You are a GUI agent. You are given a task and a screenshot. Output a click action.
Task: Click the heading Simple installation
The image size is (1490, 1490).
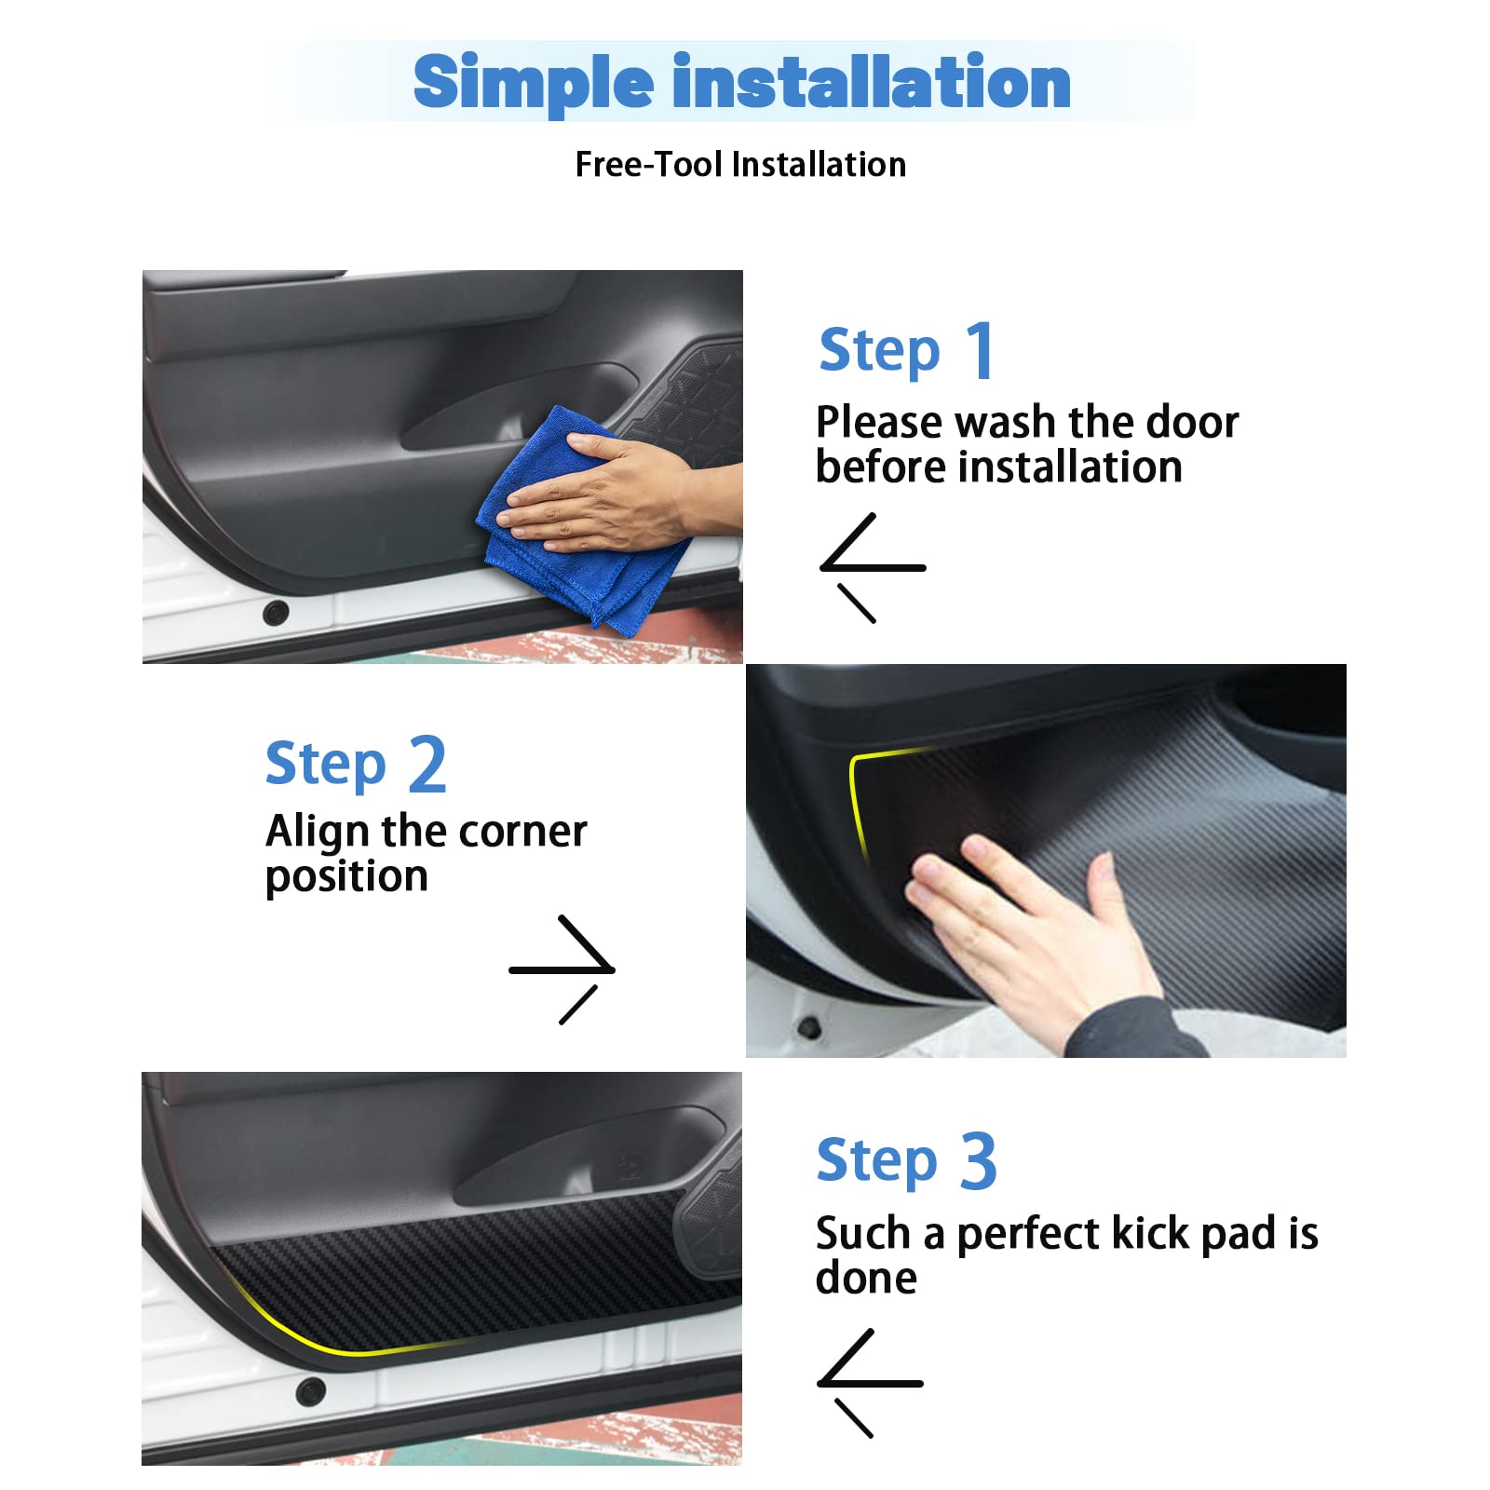point(742,82)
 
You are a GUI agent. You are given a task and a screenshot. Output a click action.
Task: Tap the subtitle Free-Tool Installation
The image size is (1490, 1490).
point(740,165)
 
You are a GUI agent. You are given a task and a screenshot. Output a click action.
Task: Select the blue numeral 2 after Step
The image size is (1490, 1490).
point(427,765)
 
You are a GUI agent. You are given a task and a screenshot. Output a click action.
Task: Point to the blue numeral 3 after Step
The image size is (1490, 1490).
point(978,1161)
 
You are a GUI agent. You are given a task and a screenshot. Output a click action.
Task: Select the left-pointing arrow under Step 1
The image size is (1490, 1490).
point(873,567)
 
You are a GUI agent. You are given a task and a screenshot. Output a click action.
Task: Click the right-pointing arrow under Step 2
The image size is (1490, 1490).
point(562,969)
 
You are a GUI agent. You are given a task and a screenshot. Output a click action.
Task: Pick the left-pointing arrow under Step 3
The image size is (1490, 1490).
point(870,1383)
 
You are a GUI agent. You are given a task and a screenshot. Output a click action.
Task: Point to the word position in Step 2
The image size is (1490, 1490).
point(346,877)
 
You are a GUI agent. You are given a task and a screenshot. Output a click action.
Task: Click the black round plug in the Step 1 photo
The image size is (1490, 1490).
point(276,613)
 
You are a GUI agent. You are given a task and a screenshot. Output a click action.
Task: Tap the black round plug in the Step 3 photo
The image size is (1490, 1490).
point(309,1391)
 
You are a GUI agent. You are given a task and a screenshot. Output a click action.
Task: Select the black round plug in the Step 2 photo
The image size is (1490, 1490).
point(809,1028)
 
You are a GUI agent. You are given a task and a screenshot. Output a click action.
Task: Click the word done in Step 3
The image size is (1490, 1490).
point(866,1278)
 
